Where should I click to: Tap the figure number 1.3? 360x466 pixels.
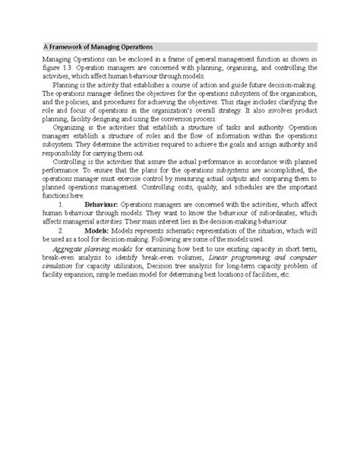coord(71,69)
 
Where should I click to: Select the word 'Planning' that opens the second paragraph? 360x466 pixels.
coord(66,86)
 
